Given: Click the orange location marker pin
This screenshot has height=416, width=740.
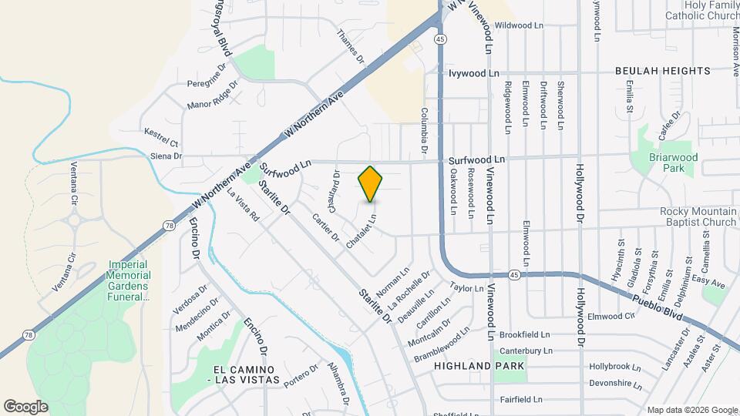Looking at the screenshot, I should click(x=370, y=183).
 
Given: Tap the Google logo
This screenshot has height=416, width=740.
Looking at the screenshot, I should click(x=25, y=407).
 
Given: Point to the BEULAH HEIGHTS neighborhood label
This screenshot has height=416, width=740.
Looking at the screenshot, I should click(x=662, y=71).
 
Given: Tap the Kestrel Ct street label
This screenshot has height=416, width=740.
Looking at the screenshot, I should click(x=162, y=143).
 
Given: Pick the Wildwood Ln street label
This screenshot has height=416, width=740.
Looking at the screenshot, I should click(x=519, y=25).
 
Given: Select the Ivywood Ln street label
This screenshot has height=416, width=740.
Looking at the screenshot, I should click(x=474, y=73).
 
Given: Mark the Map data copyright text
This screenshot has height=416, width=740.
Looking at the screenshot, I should click(x=691, y=409).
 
